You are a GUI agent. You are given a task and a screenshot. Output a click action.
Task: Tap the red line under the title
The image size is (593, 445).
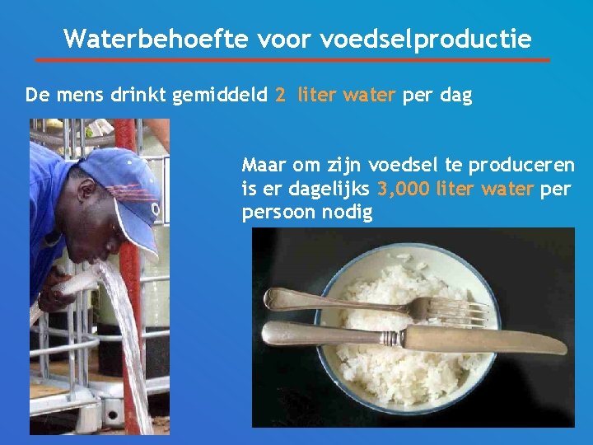293,60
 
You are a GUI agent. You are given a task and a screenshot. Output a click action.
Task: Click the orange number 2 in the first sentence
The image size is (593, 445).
280,95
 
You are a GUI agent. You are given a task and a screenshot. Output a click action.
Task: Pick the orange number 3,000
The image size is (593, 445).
404,190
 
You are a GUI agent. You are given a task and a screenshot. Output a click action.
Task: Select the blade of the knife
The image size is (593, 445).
486,338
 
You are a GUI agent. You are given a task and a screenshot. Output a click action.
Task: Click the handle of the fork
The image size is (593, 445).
329,300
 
